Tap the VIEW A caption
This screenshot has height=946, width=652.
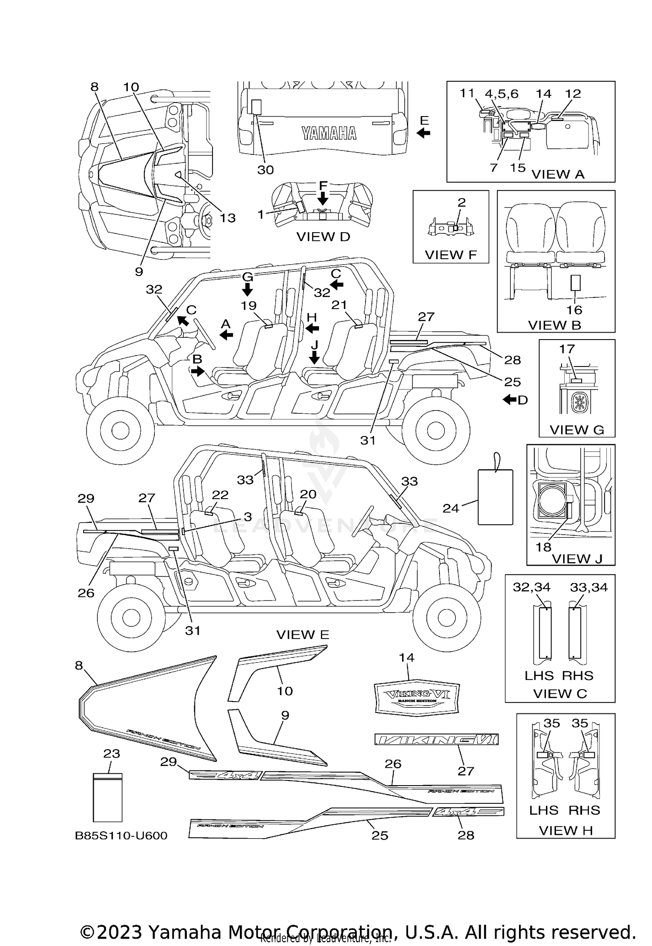point(558,174)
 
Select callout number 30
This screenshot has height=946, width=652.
point(265,170)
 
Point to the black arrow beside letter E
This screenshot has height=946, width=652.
point(423,133)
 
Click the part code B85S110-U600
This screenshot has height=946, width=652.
point(121,836)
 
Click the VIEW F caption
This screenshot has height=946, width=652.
point(451,255)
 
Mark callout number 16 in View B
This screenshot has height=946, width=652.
point(574,310)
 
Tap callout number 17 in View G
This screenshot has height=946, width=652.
point(567,349)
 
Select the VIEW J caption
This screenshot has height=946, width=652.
point(577,559)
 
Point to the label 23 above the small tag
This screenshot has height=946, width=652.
point(111,753)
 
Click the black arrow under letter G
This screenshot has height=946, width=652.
point(247,290)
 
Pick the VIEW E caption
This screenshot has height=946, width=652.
point(303,635)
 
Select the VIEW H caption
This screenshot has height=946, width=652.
point(566,830)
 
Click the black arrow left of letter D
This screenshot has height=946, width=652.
point(509,400)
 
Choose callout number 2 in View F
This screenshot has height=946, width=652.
point(462,202)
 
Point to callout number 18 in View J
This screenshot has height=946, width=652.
point(543,547)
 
